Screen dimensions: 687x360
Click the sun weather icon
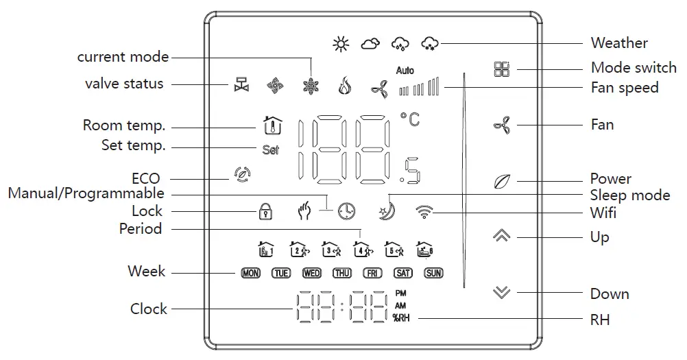pyautogui.click(x=341, y=44)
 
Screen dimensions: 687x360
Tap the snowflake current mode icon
pyautogui.click(x=311, y=86)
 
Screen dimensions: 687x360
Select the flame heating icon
pyautogui.click(x=345, y=86)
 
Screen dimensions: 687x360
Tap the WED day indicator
pyautogui.click(x=312, y=273)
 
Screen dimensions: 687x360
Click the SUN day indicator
pyautogui.click(x=434, y=273)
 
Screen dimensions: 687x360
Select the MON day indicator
pyautogui.click(x=251, y=273)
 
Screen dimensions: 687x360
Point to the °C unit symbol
pyautogui.click(x=410, y=119)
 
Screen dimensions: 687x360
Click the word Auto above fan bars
pyautogui.click(x=405, y=71)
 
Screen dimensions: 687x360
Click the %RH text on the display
pyautogui.click(x=401, y=317)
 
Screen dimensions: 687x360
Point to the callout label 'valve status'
pyautogui.click(x=124, y=84)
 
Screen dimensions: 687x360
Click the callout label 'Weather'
pyautogui.click(x=619, y=43)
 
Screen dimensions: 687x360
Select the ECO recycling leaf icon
pyautogui.click(x=241, y=173)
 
